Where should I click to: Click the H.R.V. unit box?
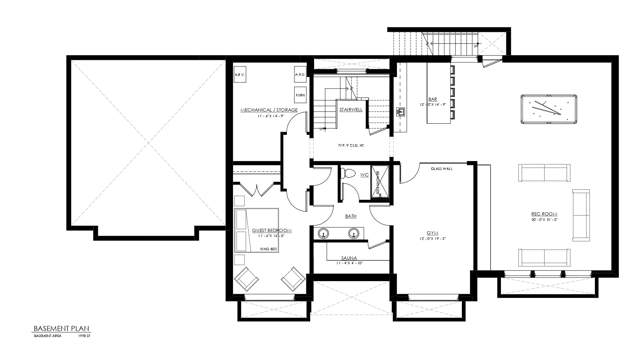tap(240, 75)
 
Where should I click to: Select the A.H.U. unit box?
tap(300, 75)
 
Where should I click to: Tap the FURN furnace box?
tap(300, 95)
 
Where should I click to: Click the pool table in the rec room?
tap(549, 109)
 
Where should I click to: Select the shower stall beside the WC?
tap(380, 181)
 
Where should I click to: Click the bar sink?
tap(401, 112)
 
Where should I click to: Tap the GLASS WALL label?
tap(441, 169)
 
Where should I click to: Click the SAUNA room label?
tap(349, 258)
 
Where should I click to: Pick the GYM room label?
tap(432, 233)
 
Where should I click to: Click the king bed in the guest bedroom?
tap(257, 230)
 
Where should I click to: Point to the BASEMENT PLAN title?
tap(61, 328)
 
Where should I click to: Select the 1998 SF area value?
tap(84, 336)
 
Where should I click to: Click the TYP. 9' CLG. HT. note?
tap(351, 146)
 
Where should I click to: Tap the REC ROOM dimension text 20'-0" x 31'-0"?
tap(544, 219)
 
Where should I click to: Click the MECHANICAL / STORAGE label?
tap(269, 110)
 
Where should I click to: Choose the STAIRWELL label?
tap(351, 110)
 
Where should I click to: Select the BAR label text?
tap(432, 99)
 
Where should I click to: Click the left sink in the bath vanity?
tap(323, 233)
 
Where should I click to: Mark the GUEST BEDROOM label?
tap(271, 231)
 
